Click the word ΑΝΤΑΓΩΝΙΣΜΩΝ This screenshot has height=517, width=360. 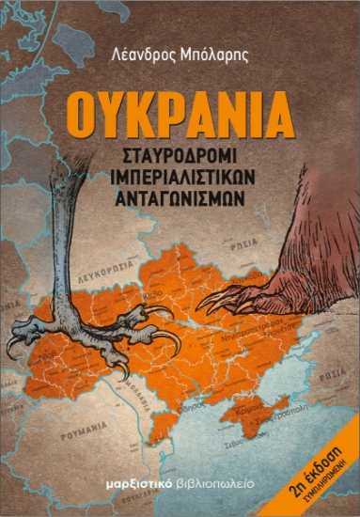tap(180, 195)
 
